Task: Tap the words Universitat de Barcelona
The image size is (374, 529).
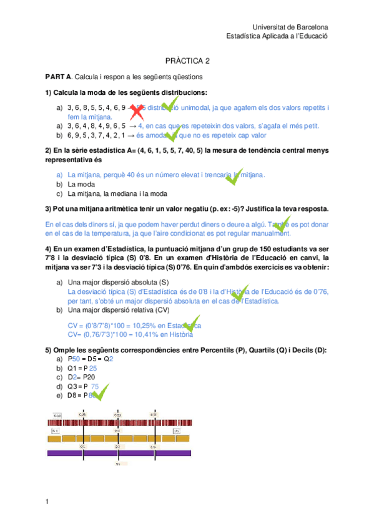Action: click(290, 27)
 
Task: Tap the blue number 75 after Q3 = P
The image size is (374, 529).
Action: click(94, 387)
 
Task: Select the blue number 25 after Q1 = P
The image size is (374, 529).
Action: click(93, 369)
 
